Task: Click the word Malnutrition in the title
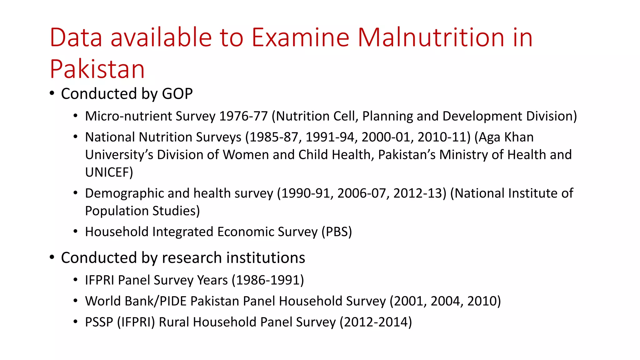431,37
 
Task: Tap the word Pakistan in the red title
97,69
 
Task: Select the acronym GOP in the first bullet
177,94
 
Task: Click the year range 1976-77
243,116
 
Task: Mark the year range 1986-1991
268,280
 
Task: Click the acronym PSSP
99,322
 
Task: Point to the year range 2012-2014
376,322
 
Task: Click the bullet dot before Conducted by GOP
52,93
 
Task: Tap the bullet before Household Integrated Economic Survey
75,232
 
